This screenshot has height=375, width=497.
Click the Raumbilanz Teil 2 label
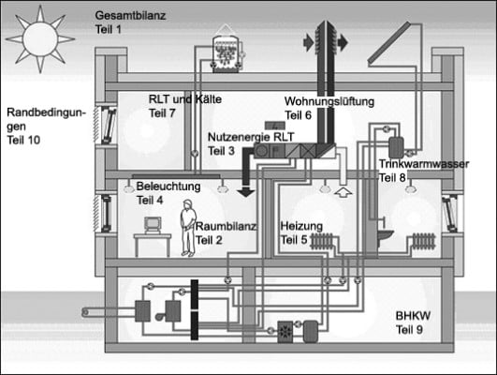(x=223, y=233)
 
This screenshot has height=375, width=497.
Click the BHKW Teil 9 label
(x=416, y=323)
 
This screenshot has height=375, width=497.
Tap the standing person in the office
(x=187, y=226)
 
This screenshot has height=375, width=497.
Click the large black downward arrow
(x=247, y=179)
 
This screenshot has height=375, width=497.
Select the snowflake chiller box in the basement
(x=285, y=332)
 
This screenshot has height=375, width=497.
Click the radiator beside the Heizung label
(x=325, y=241)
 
